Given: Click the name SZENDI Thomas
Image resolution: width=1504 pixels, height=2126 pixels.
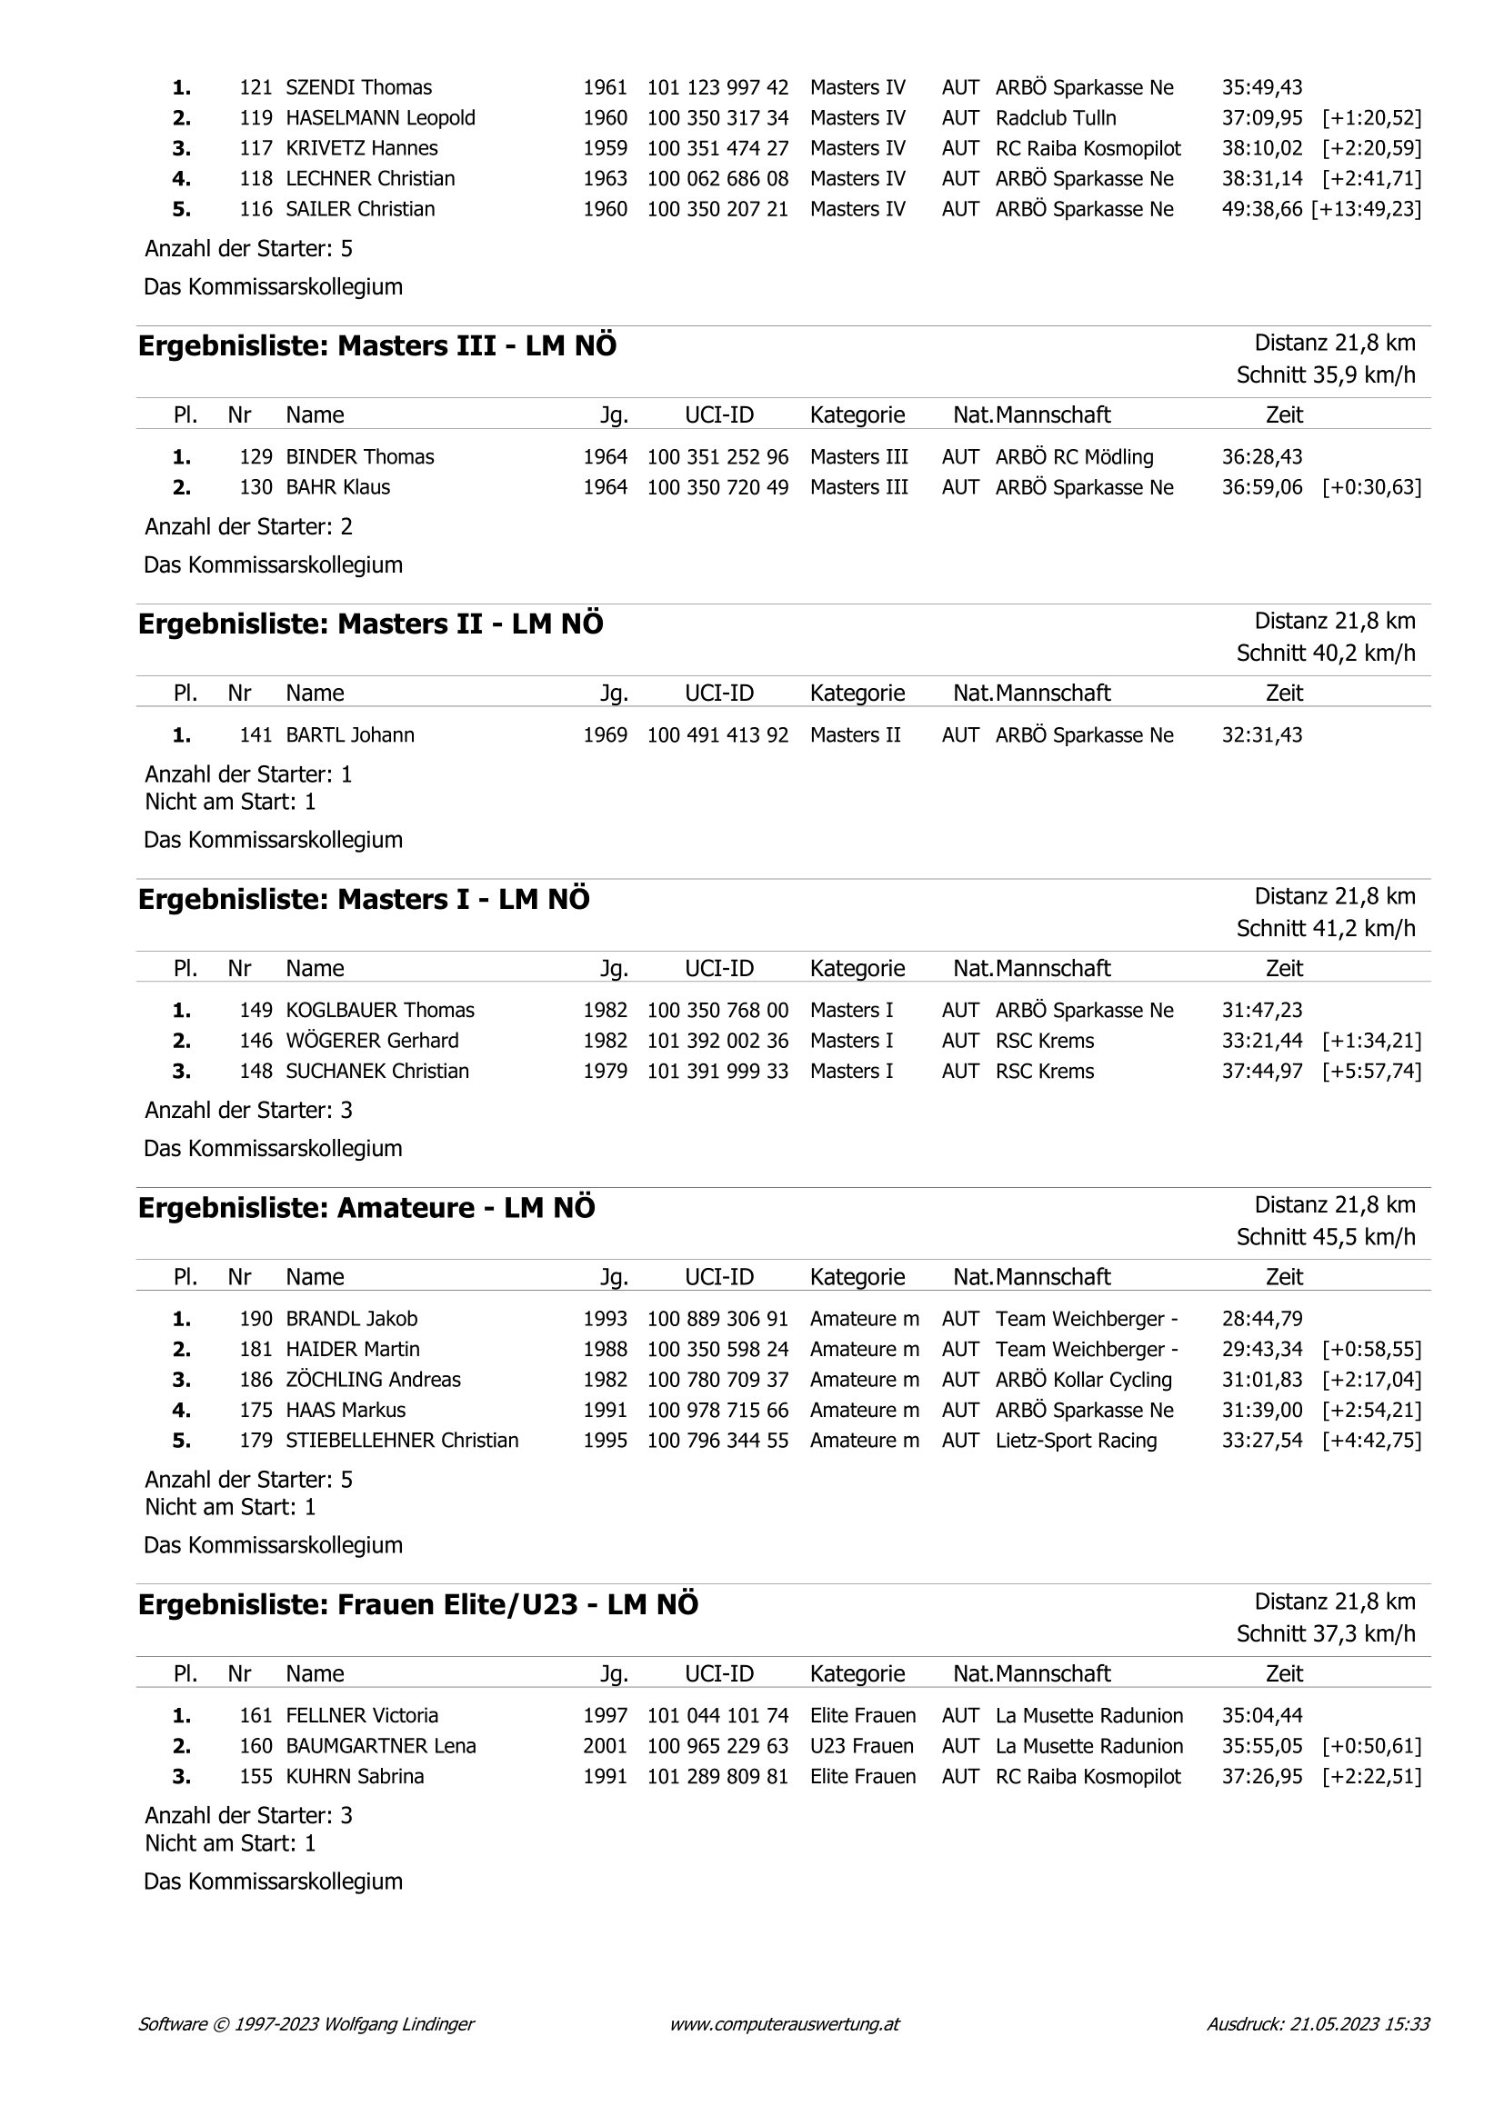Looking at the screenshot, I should (358, 88).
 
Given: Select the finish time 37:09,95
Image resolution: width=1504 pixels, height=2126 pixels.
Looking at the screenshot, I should (1261, 118).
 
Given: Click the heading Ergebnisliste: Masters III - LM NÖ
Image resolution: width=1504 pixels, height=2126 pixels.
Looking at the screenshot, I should (377, 346).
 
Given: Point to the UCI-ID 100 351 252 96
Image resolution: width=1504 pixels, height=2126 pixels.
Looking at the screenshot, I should (717, 457).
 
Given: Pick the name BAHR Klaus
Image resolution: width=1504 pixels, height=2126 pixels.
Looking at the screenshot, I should (338, 488).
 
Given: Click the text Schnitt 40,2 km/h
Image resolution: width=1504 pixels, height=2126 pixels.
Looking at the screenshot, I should (1325, 654).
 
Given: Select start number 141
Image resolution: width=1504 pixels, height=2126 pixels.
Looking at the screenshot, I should (256, 735).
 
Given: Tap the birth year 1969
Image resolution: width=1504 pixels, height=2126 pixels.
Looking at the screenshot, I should (605, 735).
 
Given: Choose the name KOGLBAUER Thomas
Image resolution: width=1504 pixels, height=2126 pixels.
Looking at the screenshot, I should (380, 1010).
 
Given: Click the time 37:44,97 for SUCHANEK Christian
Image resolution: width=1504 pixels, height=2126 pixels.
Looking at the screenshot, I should (1261, 1072).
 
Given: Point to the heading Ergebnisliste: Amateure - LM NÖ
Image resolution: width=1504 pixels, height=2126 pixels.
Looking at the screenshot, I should (366, 1208).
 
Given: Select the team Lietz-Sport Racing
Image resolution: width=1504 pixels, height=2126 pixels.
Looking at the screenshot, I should (1076, 1441).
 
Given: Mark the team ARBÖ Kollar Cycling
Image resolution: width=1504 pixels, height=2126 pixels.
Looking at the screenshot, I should (1084, 1380).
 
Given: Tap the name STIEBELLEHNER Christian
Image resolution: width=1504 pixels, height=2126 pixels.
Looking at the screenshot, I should (402, 1441).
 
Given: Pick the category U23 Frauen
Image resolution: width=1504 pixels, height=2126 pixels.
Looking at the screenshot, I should (861, 1746).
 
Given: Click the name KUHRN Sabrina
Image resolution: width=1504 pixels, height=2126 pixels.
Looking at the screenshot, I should (355, 1777).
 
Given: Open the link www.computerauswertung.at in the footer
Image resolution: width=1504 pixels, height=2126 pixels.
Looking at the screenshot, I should (785, 2024).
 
